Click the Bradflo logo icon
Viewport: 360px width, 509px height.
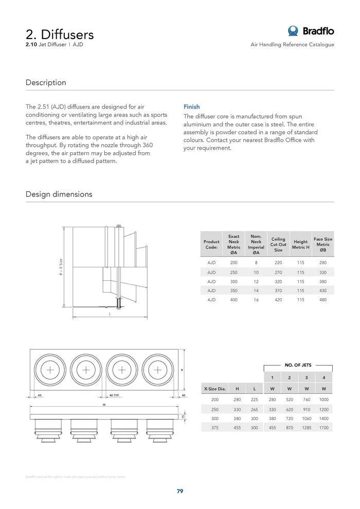pyautogui.click(x=294, y=31)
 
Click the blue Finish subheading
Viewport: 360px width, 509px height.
pyautogui.click(x=192, y=107)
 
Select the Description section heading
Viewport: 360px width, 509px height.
pyautogui.click(x=46, y=82)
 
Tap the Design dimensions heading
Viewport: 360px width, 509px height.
pyautogui.click(x=59, y=194)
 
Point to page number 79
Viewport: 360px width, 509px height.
pyautogui.click(x=180, y=491)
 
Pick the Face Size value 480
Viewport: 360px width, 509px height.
pyautogui.click(x=323, y=300)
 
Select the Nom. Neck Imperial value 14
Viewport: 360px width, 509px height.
pyautogui.click(x=256, y=290)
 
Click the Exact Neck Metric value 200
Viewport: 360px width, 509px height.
pyautogui.click(x=234, y=263)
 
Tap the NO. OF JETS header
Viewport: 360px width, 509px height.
pyautogui.click(x=298, y=365)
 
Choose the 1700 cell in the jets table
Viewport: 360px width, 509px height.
pyautogui.click(x=323, y=427)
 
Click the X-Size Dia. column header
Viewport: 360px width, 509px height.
pyautogui.click(x=215, y=389)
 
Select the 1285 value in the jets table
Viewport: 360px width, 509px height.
pyautogui.click(x=307, y=427)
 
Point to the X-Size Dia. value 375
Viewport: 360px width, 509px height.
pyautogui.click(x=215, y=427)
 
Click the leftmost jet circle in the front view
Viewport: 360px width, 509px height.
pyautogui.click(x=50, y=370)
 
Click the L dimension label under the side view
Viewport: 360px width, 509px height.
pyautogui.click(x=110, y=314)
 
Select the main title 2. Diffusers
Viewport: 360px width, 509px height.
pyautogui.click(x=60, y=34)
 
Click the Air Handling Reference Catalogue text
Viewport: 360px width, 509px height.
pyautogui.click(x=292, y=45)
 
